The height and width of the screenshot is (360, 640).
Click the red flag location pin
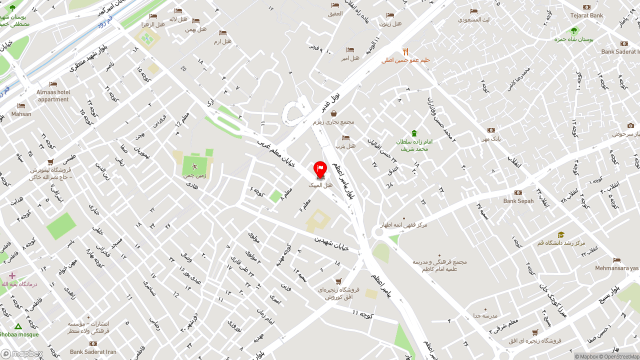click(320, 169)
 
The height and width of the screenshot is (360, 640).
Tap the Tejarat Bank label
click(586, 15)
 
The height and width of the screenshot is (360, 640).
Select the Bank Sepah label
click(518, 201)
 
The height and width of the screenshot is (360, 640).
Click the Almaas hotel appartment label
click(53, 95)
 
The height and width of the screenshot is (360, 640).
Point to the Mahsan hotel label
click(21, 114)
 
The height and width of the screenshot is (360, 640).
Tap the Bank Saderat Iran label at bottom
click(93, 352)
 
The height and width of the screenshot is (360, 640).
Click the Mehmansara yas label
click(616, 268)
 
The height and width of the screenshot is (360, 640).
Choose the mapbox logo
click(22, 353)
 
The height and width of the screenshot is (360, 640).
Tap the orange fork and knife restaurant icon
click(405, 52)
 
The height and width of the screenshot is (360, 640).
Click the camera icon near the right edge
click(630, 125)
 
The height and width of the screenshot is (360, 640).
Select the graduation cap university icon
click(561, 235)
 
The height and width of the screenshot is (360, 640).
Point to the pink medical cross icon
click(12, 275)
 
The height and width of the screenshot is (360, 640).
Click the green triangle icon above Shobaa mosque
click(18, 326)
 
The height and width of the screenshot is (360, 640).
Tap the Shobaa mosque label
click(19, 334)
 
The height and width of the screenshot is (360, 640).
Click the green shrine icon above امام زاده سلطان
click(413, 133)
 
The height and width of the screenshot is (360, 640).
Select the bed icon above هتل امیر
click(350, 50)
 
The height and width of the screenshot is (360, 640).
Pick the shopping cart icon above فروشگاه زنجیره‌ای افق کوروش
click(338, 281)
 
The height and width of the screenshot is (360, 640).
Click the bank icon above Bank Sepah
click(518, 193)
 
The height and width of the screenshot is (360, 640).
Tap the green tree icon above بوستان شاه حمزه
click(574, 30)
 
